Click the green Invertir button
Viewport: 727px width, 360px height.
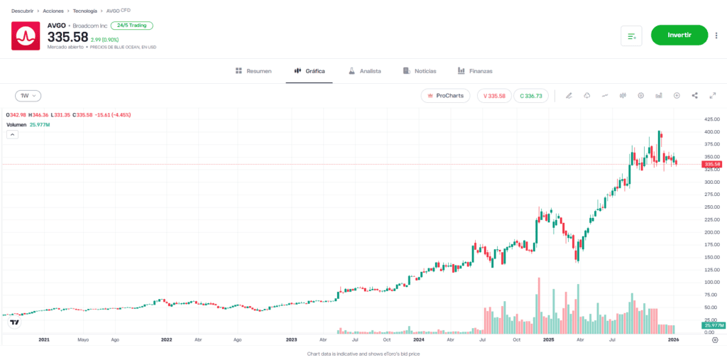click(x=679, y=35)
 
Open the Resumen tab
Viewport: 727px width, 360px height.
click(x=253, y=71)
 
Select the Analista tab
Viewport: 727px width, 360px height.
click(x=365, y=71)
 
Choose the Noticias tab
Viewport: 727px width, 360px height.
click(x=420, y=71)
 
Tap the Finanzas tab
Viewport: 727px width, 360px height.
click(x=475, y=71)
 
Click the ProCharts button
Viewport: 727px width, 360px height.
click(x=445, y=96)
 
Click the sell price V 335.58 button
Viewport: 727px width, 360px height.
click(x=494, y=96)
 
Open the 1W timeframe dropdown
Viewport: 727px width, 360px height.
click(x=28, y=96)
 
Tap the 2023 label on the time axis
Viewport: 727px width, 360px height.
click(x=291, y=340)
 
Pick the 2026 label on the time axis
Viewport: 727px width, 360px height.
click(x=674, y=340)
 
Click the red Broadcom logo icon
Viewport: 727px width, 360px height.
click(x=26, y=36)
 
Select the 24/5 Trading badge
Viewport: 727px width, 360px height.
click(x=131, y=26)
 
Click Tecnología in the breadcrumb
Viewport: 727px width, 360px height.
click(x=85, y=11)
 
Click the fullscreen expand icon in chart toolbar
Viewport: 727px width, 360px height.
click(x=712, y=96)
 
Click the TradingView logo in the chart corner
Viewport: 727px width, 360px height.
click(x=14, y=322)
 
